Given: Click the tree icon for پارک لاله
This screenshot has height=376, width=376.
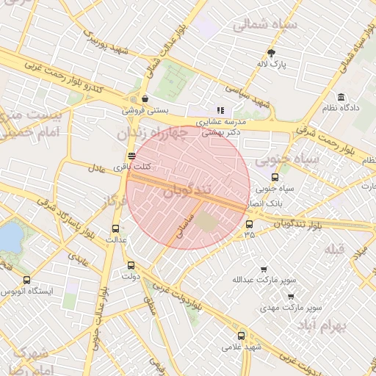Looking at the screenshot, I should point(271,53).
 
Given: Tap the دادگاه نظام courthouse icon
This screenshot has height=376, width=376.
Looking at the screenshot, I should point(341,97).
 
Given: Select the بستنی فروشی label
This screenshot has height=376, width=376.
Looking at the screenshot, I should point(145,111).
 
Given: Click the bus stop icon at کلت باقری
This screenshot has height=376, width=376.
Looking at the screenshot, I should point(131,156).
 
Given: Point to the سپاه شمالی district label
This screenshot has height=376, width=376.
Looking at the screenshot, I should point(264,25).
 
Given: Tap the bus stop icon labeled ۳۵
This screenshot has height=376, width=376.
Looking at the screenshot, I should point(249,224).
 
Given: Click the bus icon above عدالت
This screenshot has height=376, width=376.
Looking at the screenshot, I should point(115,228).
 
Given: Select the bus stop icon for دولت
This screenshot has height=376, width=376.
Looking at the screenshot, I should point(131,265).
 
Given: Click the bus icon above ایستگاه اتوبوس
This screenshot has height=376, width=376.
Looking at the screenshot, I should point(27,280).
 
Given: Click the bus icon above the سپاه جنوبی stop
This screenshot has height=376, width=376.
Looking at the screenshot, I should point(275,177).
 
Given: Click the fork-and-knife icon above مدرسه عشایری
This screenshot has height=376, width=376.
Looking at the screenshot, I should point(220,111).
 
